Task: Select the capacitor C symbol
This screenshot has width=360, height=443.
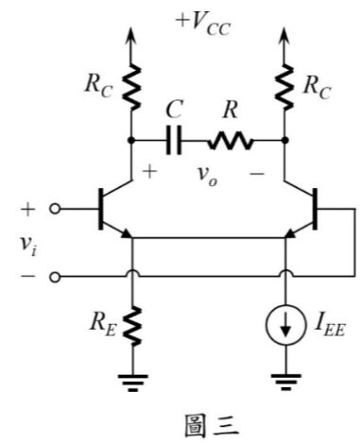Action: coord(174,140)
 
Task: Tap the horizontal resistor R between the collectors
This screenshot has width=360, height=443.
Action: coord(231,141)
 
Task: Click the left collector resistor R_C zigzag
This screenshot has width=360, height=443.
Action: coord(131,87)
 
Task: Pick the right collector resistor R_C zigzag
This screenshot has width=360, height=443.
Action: coord(284,87)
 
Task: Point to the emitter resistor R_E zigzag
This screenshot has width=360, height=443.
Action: coord(132,326)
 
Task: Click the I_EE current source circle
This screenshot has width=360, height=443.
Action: coord(285,324)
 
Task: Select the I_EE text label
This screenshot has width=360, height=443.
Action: coord(330,328)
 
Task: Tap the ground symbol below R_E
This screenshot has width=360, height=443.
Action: coord(132,383)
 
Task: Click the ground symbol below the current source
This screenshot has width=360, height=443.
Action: coord(286,382)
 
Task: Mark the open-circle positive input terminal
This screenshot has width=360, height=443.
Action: coord(55,209)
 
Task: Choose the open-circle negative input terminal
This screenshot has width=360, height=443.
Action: coord(55,277)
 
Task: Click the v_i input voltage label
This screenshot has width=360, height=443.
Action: coord(28,245)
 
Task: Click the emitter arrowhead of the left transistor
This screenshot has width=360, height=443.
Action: coord(126,233)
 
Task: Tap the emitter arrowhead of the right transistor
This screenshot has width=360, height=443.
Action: coord(290,233)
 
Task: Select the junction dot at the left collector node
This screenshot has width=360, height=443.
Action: coord(131,141)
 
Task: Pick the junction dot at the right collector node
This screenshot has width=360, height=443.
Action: coord(284,141)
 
